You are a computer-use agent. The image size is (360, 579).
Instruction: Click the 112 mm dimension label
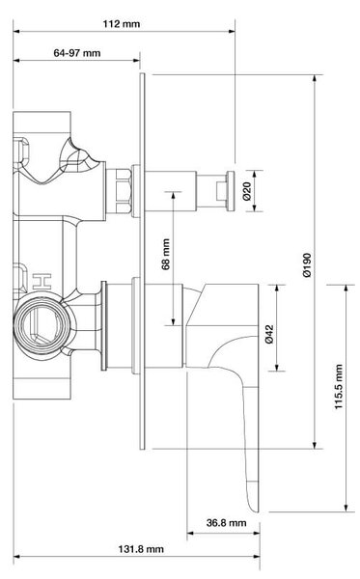(x=121, y=24)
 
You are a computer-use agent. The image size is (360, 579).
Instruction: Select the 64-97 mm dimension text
(x=77, y=53)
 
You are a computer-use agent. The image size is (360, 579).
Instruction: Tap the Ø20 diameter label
(x=247, y=191)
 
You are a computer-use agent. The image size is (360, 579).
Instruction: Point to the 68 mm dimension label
(x=166, y=254)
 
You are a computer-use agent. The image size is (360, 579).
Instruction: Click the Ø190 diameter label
(x=307, y=264)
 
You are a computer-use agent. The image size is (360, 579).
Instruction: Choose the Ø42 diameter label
(x=269, y=334)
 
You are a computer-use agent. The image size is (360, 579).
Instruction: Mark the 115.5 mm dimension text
(x=339, y=386)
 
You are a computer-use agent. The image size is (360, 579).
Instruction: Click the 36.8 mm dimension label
(x=227, y=522)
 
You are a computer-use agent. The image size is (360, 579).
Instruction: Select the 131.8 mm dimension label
(x=141, y=549)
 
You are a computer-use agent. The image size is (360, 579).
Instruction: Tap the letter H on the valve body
(x=42, y=282)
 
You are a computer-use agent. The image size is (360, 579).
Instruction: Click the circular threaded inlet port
(x=42, y=325)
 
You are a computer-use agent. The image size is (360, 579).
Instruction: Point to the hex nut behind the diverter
(x=123, y=190)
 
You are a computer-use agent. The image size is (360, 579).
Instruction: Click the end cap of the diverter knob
(x=230, y=191)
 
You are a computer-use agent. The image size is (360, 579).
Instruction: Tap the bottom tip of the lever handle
(x=256, y=511)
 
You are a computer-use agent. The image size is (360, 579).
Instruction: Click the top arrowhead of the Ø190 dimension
(x=315, y=77)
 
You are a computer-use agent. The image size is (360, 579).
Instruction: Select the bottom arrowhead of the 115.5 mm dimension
(x=346, y=509)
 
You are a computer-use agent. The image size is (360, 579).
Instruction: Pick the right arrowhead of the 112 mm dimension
(x=232, y=32)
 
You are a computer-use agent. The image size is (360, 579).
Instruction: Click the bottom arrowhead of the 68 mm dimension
(x=173, y=322)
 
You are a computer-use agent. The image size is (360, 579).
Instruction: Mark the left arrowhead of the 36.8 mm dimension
(x=190, y=533)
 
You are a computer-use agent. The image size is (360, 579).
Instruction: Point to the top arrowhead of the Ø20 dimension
(x=255, y=174)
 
